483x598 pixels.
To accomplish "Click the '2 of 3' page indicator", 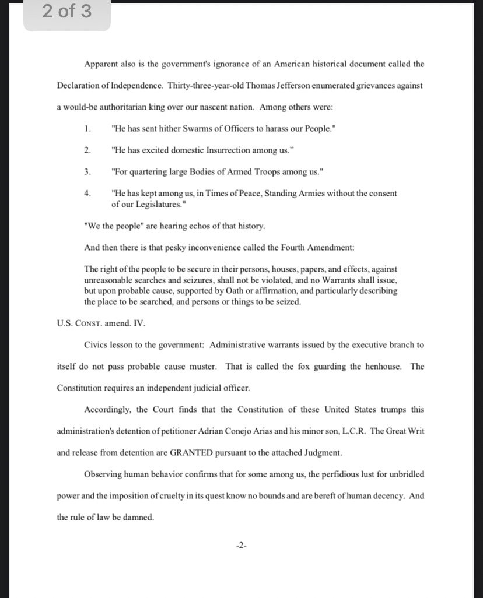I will click(67, 11).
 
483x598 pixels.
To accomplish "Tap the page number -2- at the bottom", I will click(241, 546).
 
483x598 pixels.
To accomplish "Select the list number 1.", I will click(87, 128).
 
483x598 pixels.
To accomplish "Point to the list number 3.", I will click(87, 171).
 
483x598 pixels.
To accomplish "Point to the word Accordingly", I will click(107, 409).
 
